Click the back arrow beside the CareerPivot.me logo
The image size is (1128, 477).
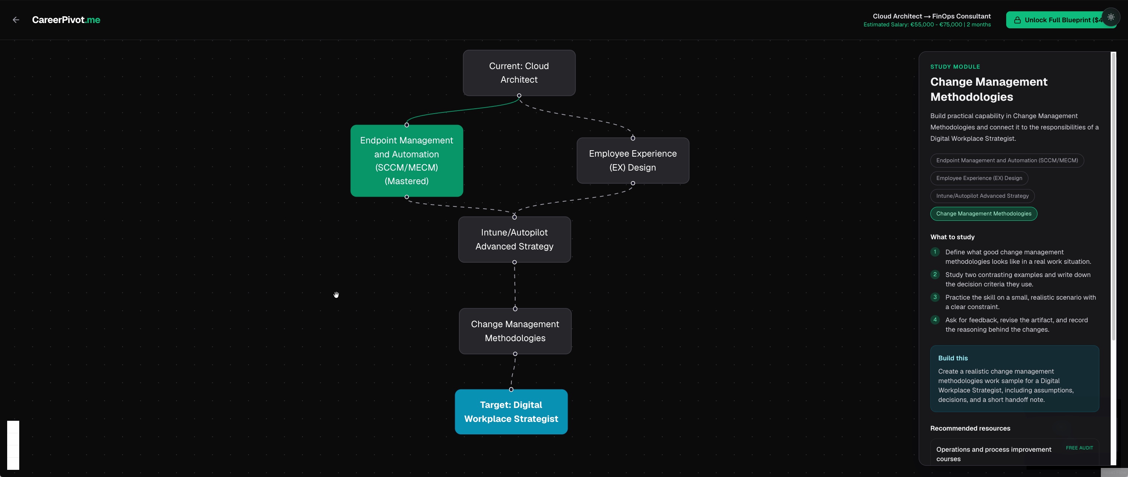click(x=16, y=20)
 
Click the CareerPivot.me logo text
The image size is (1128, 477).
click(x=66, y=20)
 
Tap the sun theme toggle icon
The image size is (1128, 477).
click(x=1111, y=17)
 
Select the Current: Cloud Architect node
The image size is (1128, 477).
click(x=519, y=73)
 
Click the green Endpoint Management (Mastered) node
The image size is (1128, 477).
click(x=407, y=161)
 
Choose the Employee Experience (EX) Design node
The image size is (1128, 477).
click(x=633, y=160)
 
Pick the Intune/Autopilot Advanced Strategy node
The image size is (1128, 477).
click(x=514, y=240)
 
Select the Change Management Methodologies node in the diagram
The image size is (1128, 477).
click(x=515, y=331)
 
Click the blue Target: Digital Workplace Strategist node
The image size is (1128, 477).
click(x=511, y=412)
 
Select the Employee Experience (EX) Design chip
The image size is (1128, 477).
click(x=979, y=178)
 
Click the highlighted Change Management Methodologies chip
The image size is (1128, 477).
click(x=984, y=214)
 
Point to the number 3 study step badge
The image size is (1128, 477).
click(x=935, y=297)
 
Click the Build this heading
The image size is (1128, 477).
click(x=953, y=358)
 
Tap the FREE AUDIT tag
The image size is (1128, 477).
click(x=1079, y=448)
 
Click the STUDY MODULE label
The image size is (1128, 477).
click(x=955, y=66)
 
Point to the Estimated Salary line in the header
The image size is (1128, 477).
click(x=927, y=25)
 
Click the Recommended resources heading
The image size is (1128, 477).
click(x=970, y=428)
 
